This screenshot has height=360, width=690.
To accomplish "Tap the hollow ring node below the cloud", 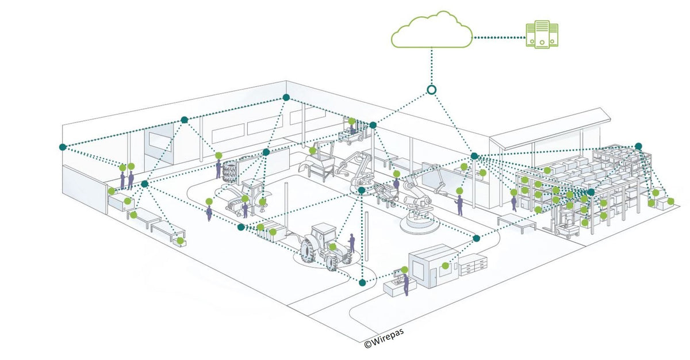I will pyautogui.click(x=431, y=90).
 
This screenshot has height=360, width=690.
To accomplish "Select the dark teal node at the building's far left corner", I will pyautogui.click(x=63, y=147).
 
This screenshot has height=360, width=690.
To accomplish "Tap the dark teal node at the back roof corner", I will pyautogui.click(x=286, y=97).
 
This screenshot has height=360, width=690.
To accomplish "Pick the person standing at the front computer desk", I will pyautogui.click(x=407, y=284).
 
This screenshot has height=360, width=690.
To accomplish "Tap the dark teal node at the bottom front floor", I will pyautogui.click(x=362, y=282).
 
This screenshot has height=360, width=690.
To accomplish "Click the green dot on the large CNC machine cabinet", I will pyautogui.click(x=445, y=266).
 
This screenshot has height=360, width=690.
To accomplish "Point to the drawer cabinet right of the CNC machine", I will pyautogui.click(x=474, y=264).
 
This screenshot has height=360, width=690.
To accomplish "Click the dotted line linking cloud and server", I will pyautogui.click(x=497, y=37).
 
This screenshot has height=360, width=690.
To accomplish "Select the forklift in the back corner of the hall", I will pyautogui.click(x=352, y=131).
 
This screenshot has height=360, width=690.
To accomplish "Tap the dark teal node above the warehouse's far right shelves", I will pyautogui.click(x=638, y=146).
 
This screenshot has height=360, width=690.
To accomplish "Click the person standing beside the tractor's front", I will pyautogui.click(x=352, y=243).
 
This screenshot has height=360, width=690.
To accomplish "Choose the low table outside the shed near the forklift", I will pyautogui.click(x=517, y=221).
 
